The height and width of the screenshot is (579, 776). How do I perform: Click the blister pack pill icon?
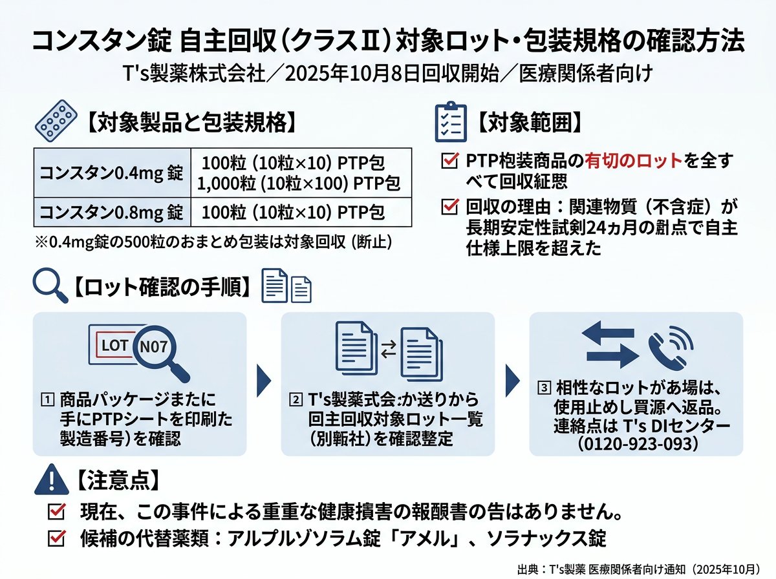56,121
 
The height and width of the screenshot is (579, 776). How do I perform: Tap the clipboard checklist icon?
450,121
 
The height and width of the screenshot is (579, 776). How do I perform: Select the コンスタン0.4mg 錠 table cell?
112,173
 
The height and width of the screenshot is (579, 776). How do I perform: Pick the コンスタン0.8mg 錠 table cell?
112,212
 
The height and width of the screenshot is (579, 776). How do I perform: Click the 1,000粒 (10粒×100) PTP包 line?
298,184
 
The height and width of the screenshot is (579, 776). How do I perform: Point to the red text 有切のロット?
633,161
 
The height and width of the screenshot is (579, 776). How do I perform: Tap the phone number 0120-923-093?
638,444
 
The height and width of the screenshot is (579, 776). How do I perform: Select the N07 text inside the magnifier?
153,347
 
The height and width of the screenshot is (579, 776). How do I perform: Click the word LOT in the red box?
114,346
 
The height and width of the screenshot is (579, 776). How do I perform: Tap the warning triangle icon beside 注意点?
52,479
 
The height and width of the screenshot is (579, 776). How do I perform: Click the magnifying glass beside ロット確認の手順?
50,285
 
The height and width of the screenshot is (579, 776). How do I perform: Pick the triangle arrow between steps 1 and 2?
264,381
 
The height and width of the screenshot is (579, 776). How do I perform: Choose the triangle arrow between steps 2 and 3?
513,381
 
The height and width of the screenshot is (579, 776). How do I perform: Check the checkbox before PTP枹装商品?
450,161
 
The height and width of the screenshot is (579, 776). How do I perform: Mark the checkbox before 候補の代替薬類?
56,538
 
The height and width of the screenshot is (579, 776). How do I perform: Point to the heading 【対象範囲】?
528,123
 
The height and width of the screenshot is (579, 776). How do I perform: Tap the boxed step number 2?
296,399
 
